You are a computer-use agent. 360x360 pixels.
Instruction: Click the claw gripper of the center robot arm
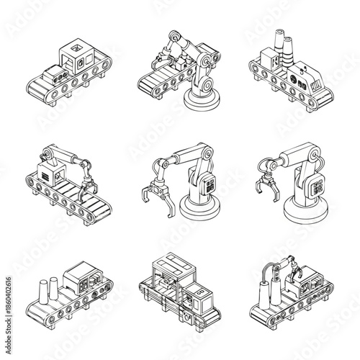click(157, 197)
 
